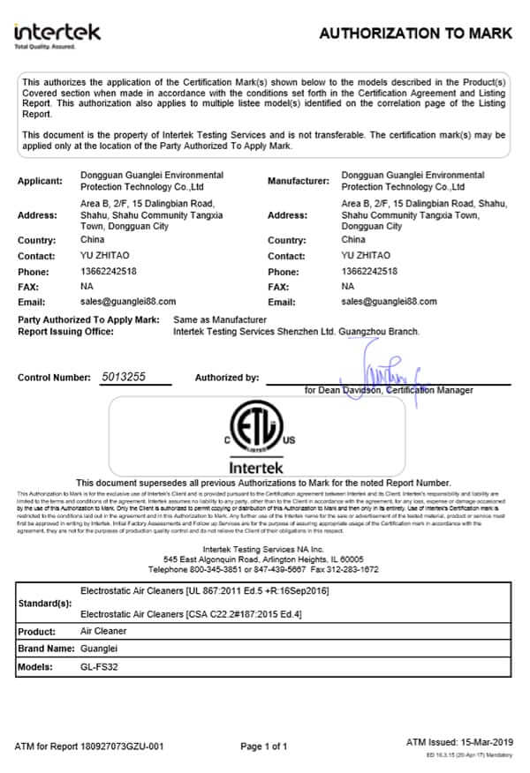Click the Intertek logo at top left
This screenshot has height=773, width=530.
[x=57, y=34]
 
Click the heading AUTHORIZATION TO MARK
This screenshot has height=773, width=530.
[x=414, y=34]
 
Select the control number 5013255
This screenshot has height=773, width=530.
[x=124, y=377]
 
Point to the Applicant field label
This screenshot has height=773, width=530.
[x=40, y=181]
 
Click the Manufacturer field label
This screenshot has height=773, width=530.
[x=298, y=181]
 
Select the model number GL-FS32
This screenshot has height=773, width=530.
[x=99, y=666]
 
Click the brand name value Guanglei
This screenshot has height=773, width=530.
[x=99, y=649]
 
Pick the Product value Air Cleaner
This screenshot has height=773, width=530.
[x=103, y=631]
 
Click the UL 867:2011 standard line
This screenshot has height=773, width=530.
[x=204, y=589]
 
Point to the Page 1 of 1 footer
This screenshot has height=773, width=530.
[x=264, y=747]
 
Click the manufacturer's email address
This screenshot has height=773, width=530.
[x=389, y=301]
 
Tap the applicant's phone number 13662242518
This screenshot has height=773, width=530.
[x=109, y=272]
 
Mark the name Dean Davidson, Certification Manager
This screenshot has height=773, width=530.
[x=389, y=390]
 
